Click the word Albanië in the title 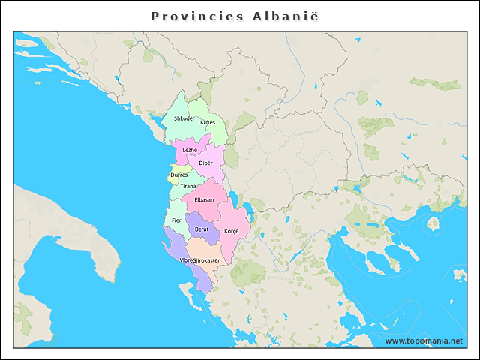pyautogui.click(x=285, y=16)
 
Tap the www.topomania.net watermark pyautogui.click(x=424, y=340)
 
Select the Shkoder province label pyautogui.click(x=184, y=118)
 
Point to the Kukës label pyautogui.click(x=208, y=121)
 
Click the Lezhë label pyautogui.click(x=190, y=150)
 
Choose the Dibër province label pyautogui.click(x=205, y=163)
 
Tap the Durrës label pyautogui.click(x=179, y=175)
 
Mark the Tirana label pyautogui.click(x=187, y=186)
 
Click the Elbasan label pyautogui.click(x=204, y=199)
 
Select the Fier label pyautogui.click(x=176, y=220)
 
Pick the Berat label pyautogui.click(x=202, y=229)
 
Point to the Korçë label pyautogui.click(x=231, y=231)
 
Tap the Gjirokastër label pyautogui.click(x=207, y=260)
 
